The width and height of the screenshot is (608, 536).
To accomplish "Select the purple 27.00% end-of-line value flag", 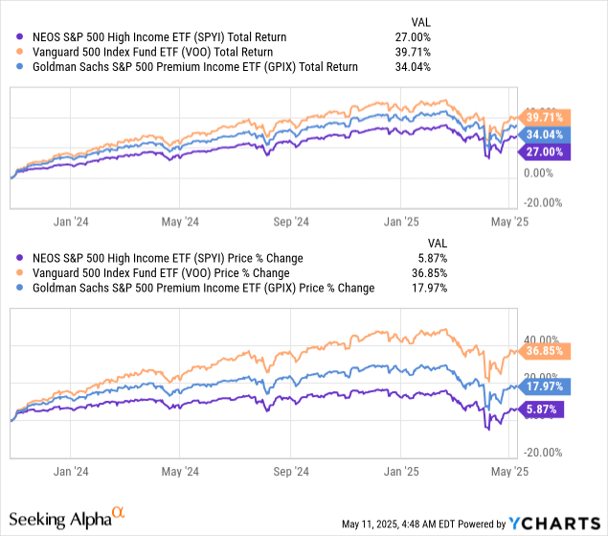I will pyautogui.click(x=545, y=151).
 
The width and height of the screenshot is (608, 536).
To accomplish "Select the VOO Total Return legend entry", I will pyautogui.click(x=151, y=52).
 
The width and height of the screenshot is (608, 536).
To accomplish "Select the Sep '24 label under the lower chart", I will pyautogui.click(x=288, y=471).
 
